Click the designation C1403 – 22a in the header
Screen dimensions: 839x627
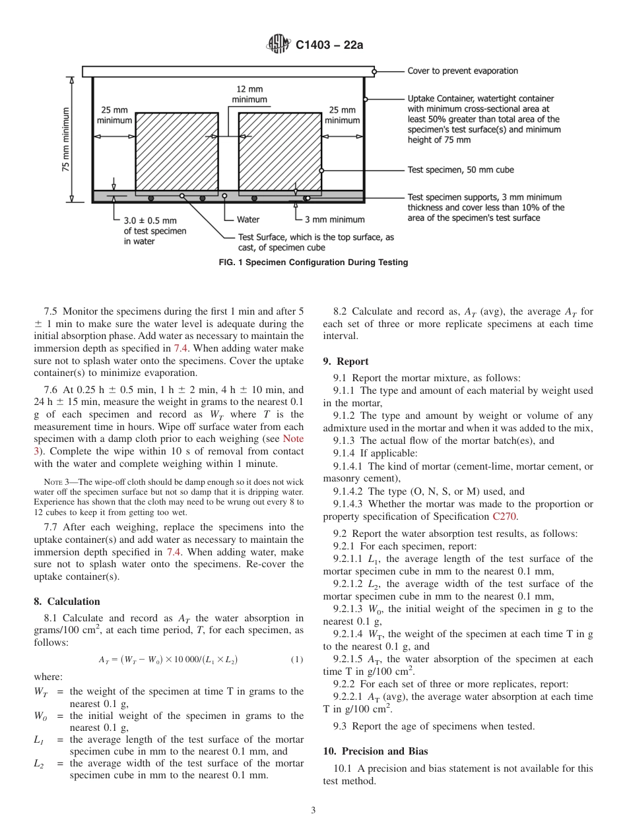(329, 45)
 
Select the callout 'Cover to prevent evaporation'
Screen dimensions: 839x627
(462, 71)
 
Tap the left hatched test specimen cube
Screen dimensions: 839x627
(176, 153)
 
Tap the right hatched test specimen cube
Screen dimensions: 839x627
(279, 153)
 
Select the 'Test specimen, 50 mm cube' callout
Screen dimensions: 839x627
(460, 170)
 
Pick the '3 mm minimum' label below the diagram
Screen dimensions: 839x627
(334, 219)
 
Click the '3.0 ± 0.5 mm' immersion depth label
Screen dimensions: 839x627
(150, 220)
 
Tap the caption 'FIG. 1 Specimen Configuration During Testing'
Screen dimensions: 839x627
(313, 263)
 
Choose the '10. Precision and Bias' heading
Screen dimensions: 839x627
(375, 751)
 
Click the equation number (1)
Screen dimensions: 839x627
(297, 660)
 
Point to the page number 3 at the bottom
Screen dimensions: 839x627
(313, 810)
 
